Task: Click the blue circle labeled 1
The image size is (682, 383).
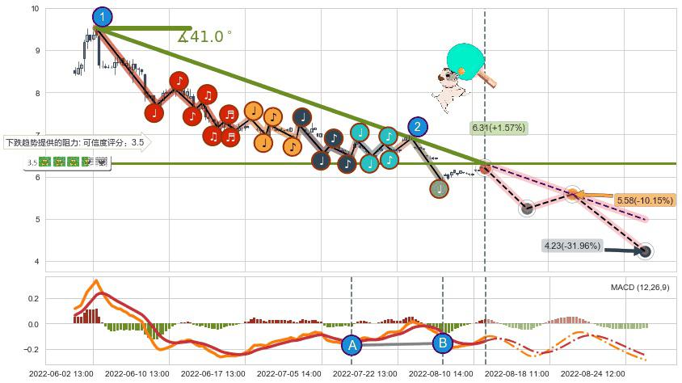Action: pyautogui.click(x=103, y=16)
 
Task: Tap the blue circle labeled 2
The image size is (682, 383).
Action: pyautogui.click(x=417, y=126)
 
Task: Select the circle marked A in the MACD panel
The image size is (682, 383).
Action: pyautogui.click(x=352, y=345)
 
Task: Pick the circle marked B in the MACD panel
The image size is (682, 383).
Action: pyautogui.click(x=443, y=343)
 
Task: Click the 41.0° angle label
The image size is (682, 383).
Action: pyautogui.click(x=205, y=36)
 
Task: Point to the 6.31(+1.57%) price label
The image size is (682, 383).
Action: pyautogui.click(x=499, y=128)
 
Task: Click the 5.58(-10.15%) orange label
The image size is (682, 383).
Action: pyautogui.click(x=645, y=200)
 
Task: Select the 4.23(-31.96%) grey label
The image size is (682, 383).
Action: pyautogui.click(x=573, y=246)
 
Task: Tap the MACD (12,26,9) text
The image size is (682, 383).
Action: pyautogui.click(x=640, y=287)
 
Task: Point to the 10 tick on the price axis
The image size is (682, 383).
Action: pyautogui.click(x=34, y=9)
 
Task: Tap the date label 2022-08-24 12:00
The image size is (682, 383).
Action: pyautogui.click(x=593, y=374)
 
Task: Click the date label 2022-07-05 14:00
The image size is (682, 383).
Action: pyautogui.click(x=289, y=374)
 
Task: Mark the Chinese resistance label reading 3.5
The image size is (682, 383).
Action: pyautogui.click(x=77, y=143)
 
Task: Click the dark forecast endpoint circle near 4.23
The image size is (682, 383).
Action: pyautogui.click(x=646, y=251)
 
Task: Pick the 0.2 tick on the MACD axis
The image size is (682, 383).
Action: pyautogui.click(x=33, y=298)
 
